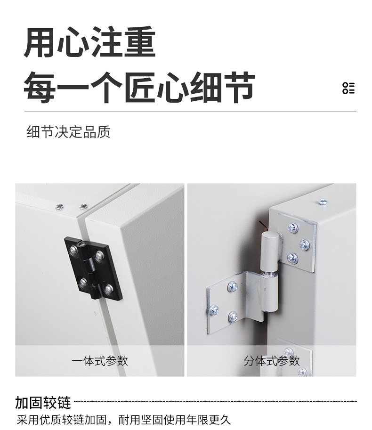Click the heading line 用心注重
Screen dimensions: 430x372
[x=89, y=43]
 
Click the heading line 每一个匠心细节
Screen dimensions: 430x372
[x=139, y=87]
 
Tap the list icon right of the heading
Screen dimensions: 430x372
[x=348, y=88]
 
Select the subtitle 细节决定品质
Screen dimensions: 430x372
[x=68, y=132]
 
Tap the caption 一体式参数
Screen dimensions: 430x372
[x=100, y=361]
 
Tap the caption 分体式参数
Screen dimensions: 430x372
[x=272, y=361]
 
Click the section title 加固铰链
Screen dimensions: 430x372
[x=43, y=403]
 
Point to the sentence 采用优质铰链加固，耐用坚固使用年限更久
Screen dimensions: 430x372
[x=124, y=420]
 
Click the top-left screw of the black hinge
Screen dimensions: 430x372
[x=73, y=250]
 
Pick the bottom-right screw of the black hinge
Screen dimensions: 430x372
[x=109, y=289]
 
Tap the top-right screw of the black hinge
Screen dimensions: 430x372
[x=99, y=257]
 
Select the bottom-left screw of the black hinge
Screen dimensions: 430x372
[x=83, y=283]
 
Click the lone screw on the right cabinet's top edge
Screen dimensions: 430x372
[x=323, y=202]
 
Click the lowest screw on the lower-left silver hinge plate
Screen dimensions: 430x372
[x=233, y=316]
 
